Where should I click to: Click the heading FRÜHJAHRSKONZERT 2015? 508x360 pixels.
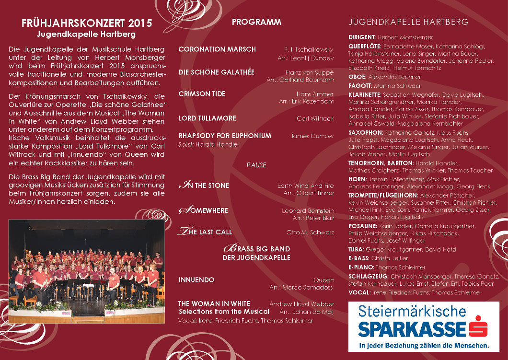click(x=87, y=23)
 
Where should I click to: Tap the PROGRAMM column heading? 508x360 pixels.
click(x=256, y=22)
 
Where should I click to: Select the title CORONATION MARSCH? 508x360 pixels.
click(x=217, y=49)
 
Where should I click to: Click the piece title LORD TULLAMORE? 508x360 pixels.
click(x=207, y=118)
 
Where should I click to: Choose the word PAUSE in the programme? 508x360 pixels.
click(x=256, y=165)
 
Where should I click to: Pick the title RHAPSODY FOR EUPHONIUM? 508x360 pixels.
click(x=225, y=136)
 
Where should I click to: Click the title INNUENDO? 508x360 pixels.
click(x=196, y=280)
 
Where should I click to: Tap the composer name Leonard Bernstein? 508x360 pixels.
click(x=308, y=210)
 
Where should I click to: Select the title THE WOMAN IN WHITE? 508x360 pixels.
click(x=214, y=304)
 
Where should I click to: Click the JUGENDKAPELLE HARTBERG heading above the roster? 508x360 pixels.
click(x=409, y=23)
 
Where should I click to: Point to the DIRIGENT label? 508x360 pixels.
click(x=362, y=37)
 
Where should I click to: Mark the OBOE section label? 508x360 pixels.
click(x=358, y=77)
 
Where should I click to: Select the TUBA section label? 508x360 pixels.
click(x=356, y=250)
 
